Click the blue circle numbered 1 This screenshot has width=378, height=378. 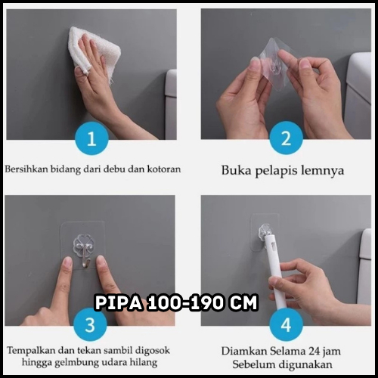(x=91, y=138)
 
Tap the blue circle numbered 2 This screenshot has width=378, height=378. (x=286, y=138)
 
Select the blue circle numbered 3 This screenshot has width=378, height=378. (x=90, y=324)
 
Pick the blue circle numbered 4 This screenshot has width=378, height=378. (x=286, y=324)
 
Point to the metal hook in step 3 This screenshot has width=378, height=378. (x=85, y=256)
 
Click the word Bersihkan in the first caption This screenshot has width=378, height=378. (x=26, y=169)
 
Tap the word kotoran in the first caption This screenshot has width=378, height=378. (x=164, y=169)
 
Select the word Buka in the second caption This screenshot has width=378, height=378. (x=236, y=170)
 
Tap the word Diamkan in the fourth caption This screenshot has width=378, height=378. (x=244, y=351)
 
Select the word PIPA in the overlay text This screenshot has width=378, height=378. (x=119, y=302)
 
